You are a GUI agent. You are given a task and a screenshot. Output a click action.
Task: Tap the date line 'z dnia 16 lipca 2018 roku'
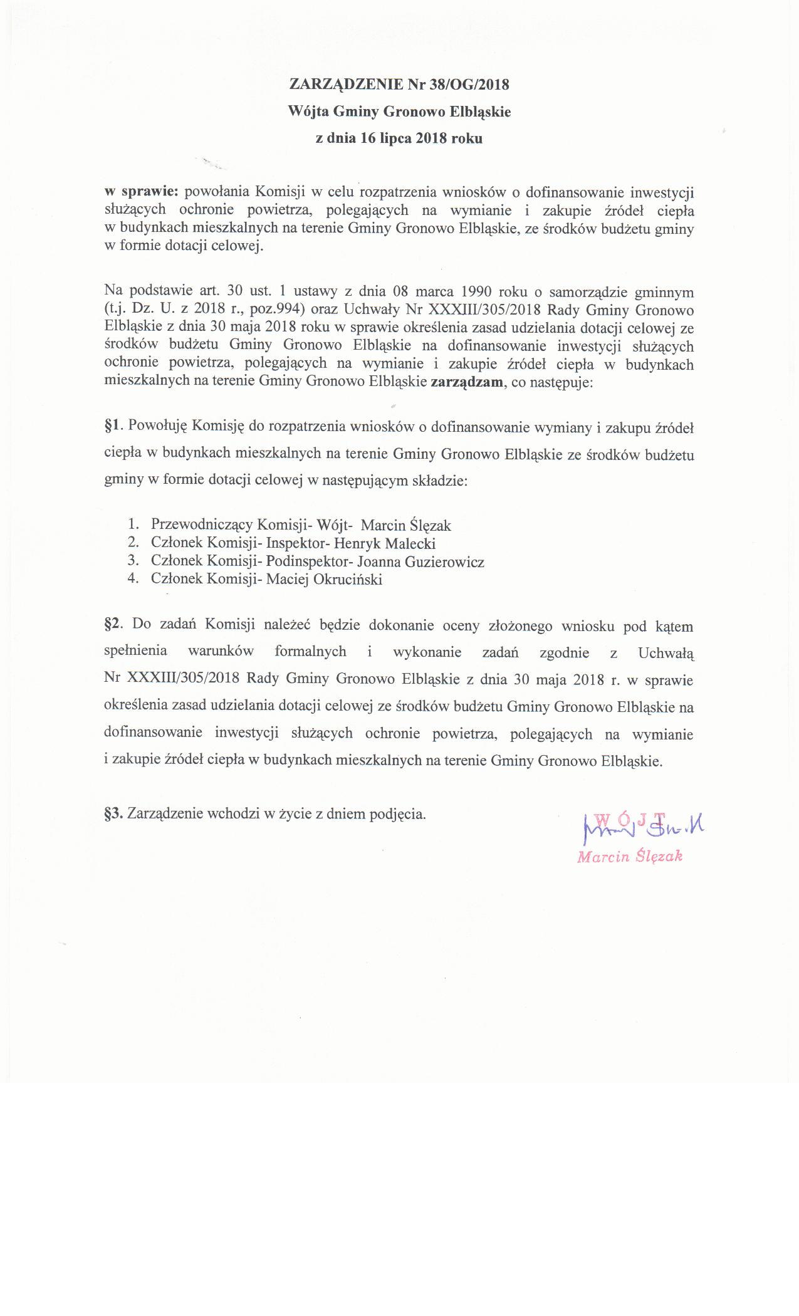tap(399, 139)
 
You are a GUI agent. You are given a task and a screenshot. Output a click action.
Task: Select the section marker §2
tap(115, 625)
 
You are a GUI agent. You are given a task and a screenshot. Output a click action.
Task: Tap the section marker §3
tap(115, 814)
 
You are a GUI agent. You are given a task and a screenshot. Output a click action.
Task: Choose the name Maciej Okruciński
tap(324, 579)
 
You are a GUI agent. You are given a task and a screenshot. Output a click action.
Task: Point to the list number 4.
tap(132, 579)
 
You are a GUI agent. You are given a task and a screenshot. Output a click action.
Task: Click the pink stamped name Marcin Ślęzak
tap(629, 857)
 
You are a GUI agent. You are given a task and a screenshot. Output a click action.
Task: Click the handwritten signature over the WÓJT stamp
tap(643, 829)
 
